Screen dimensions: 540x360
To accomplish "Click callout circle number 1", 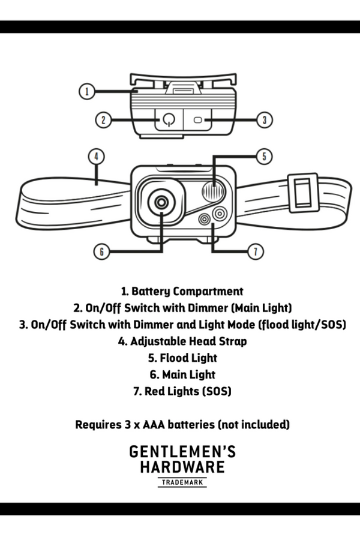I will [x=87, y=92].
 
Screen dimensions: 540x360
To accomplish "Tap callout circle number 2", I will [x=104, y=120].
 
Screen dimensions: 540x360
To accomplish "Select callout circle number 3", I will [x=265, y=120].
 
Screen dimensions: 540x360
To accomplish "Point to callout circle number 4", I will [x=96, y=156].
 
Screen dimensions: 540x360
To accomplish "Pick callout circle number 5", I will [x=265, y=157].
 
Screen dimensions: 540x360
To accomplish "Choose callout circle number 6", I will [x=103, y=251].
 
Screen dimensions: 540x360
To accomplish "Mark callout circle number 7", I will [x=256, y=251].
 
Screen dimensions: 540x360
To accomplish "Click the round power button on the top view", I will [x=169, y=120].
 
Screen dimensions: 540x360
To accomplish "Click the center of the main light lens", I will [x=161, y=202].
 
